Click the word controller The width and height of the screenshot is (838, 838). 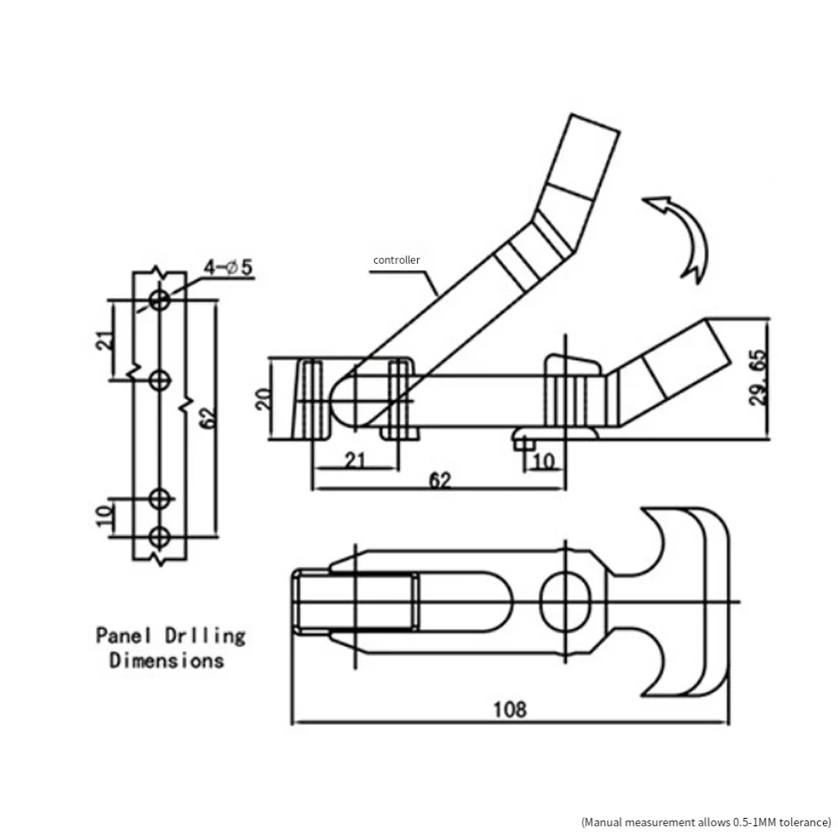[x=397, y=260]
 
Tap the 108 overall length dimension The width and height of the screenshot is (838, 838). [x=509, y=710]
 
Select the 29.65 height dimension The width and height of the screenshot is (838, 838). [x=758, y=378]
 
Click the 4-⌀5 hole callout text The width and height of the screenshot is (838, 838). [x=229, y=267]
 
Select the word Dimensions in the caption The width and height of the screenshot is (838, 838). [x=167, y=661]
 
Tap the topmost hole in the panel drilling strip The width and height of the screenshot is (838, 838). [x=159, y=300]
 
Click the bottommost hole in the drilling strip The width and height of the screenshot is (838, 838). [x=159, y=537]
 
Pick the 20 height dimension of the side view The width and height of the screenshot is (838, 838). [x=264, y=398]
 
